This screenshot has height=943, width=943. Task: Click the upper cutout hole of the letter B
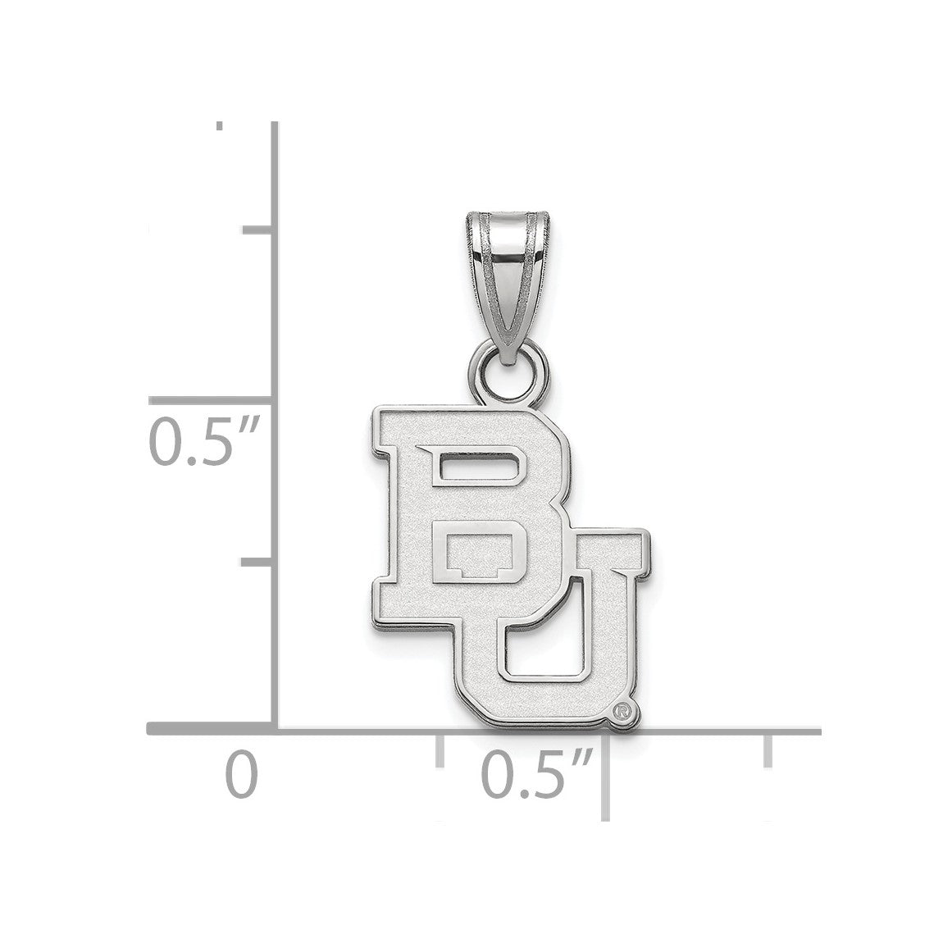pos(478,465)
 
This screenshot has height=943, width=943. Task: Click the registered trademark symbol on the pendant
pos(622,712)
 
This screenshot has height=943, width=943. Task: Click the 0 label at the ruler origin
pos(242,776)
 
